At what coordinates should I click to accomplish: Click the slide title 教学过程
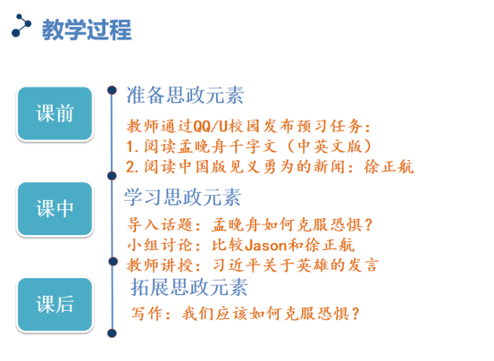87,29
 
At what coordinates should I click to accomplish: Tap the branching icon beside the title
21,26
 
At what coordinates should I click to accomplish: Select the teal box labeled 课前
54,113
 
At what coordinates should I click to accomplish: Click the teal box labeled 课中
54,209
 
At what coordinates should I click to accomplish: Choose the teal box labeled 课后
54,305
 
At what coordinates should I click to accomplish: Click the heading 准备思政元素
185,95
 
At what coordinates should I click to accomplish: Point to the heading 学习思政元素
183,197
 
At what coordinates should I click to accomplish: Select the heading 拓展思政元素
189,287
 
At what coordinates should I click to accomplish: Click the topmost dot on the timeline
112,90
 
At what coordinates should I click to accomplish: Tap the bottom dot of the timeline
112,333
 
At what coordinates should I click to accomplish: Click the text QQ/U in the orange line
210,127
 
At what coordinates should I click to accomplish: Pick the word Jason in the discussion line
266,246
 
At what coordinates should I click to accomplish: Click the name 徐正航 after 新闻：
389,166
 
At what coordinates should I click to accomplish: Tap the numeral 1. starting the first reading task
132,147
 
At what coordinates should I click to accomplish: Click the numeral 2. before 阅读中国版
132,167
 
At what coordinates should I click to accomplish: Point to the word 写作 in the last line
147,314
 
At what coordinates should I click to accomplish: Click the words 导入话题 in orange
160,225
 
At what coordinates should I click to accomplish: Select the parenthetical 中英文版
330,147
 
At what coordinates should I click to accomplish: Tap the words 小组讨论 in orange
160,246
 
